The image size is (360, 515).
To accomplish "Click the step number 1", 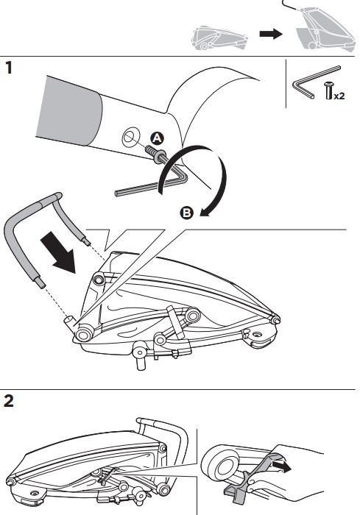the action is click(9, 68).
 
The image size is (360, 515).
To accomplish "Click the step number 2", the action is click(9, 401).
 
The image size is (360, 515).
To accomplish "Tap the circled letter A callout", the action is click(157, 138).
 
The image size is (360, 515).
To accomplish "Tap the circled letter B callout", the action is click(186, 213).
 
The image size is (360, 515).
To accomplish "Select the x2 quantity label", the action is click(339, 96).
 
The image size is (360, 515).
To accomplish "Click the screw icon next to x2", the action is click(328, 90).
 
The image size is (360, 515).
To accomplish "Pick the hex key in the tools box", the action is click(317, 82).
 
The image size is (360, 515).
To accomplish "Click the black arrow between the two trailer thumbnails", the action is click(271, 34).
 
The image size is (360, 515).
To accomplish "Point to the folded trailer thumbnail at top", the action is click(219, 38).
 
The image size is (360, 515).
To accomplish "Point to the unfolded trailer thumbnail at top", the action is click(324, 28).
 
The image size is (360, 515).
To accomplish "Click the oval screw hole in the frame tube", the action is click(130, 137).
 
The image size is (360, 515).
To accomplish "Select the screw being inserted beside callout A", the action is click(155, 153).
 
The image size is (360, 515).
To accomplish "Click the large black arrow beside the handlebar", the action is click(58, 252).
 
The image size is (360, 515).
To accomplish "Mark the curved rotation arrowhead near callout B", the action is click(206, 212).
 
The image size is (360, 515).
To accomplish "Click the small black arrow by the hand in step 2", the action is click(282, 466).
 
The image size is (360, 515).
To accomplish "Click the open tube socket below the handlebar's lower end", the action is click(70, 322).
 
